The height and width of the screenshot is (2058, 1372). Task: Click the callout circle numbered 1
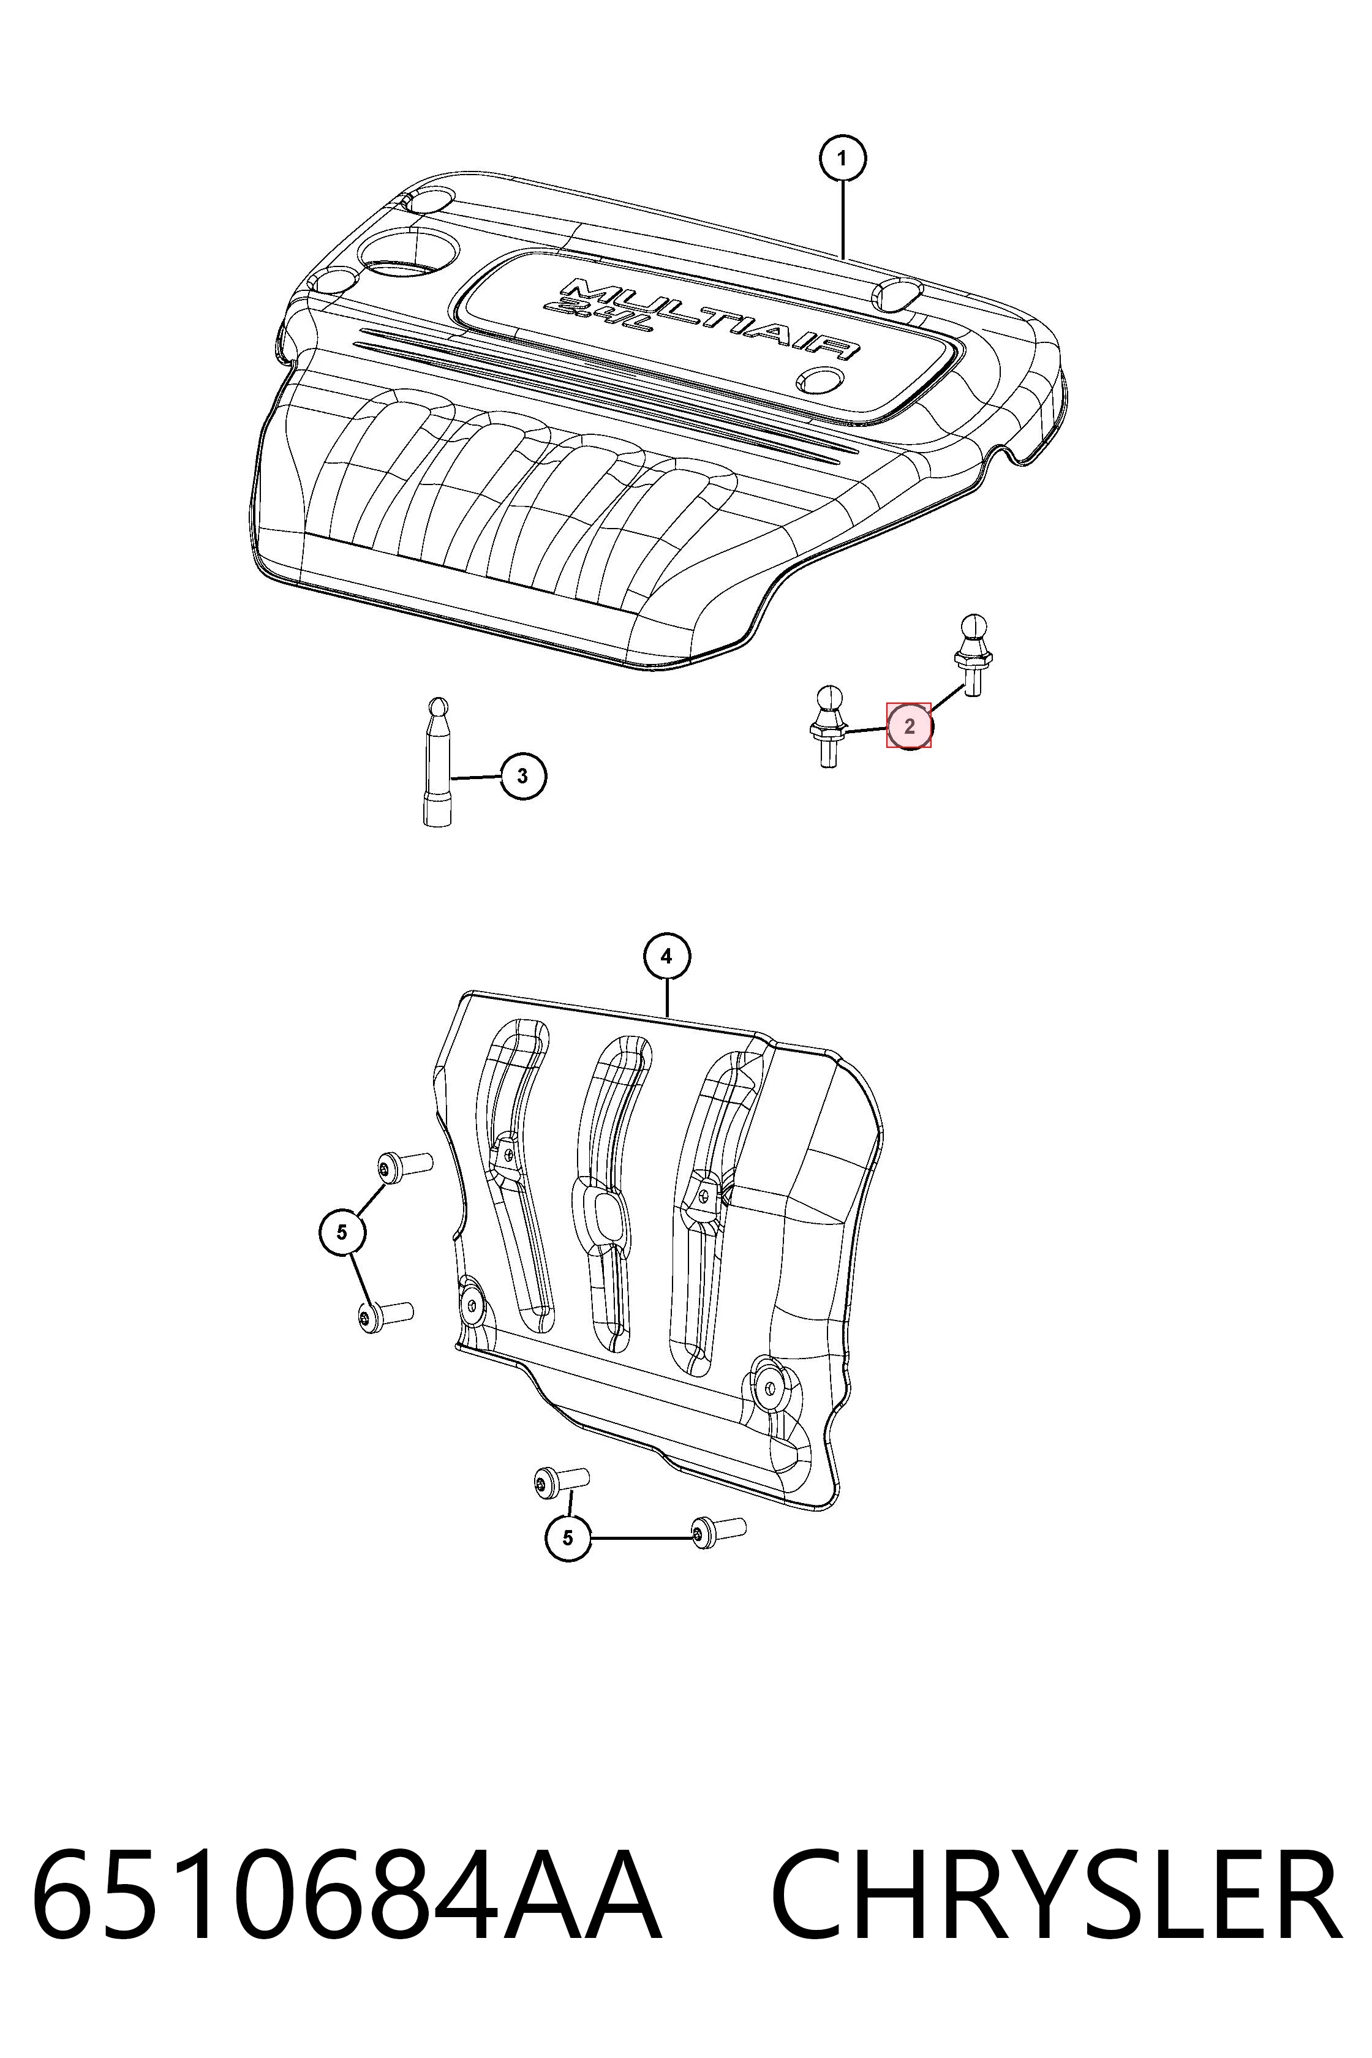click(842, 159)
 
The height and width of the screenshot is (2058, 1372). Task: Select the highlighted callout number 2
click(909, 725)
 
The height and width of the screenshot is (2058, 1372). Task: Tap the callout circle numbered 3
click(522, 776)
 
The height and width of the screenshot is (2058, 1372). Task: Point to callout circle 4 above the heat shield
click(667, 957)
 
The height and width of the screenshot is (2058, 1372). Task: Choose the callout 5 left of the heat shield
click(341, 1232)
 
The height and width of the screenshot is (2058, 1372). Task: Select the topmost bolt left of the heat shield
click(405, 1166)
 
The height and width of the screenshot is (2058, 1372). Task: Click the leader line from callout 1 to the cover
click(843, 221)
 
